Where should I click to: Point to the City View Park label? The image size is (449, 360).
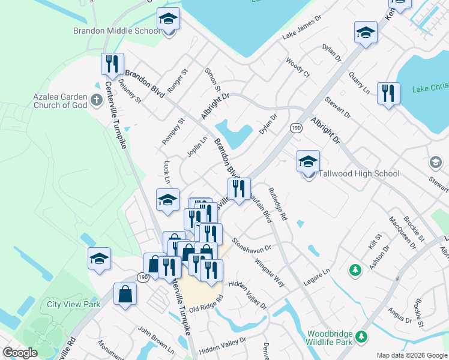coord(73,304)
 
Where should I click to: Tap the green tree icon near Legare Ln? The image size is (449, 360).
coord(355,271)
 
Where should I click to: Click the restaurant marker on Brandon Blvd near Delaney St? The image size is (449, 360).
coord(112,64)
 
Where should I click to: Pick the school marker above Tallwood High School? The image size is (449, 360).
coord(308,161)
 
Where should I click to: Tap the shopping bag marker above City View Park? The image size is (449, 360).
coord(125,294)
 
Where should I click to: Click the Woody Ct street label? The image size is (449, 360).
coord(297,67)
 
